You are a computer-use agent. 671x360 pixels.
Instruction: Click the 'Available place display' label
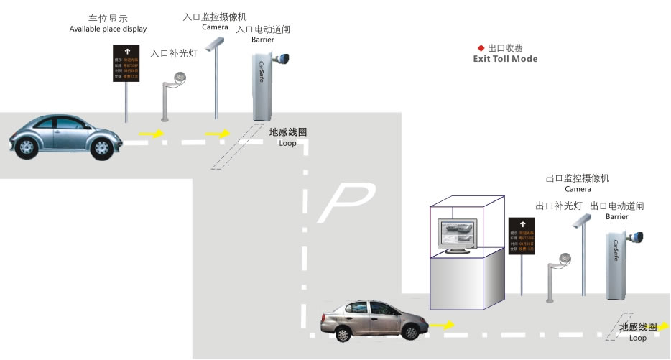point(108,29)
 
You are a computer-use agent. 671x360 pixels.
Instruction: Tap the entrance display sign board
point(126,63)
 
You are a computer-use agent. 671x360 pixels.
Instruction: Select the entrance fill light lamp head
point(178,86)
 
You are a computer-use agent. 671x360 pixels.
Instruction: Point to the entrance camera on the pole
point(211,45)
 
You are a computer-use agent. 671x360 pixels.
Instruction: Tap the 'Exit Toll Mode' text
point(504,59)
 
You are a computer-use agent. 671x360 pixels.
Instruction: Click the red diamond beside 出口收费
point(481,47)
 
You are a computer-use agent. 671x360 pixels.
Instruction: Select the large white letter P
point(347,201)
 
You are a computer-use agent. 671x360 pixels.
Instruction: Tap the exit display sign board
point(522,236)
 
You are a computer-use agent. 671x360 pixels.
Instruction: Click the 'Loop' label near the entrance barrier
point(287,144)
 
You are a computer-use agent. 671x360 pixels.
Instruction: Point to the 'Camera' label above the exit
point(578,189)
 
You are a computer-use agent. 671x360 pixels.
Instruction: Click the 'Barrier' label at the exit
point(616,216)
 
